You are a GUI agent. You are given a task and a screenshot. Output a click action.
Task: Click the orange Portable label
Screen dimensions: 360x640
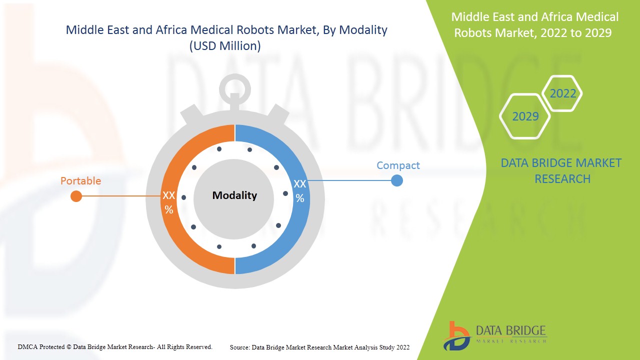[80, 181]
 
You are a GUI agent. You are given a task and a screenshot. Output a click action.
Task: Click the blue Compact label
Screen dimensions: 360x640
[398, 165]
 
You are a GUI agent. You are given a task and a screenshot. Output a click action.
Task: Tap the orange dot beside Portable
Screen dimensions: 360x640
[76, 196]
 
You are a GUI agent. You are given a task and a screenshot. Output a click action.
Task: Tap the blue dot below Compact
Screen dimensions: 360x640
[396, 180]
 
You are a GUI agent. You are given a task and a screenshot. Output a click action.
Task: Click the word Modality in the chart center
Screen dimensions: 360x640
[234, 195]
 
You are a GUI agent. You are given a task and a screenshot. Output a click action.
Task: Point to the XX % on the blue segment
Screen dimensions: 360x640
[299, 191]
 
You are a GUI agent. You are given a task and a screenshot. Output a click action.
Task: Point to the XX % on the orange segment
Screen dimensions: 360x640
[169, 202]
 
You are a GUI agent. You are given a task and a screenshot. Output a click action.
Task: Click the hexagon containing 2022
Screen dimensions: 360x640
[562, 93]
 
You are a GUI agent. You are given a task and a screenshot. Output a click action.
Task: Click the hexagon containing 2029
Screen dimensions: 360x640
[525, 116]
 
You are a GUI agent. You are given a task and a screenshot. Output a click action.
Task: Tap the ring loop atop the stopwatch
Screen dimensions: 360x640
[234, 89]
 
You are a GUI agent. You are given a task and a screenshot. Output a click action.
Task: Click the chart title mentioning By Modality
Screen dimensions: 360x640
[226, 30]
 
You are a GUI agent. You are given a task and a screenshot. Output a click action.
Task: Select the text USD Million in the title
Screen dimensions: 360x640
[225, 46]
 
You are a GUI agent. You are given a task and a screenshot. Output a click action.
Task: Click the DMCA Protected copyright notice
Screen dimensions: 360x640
[115, 346]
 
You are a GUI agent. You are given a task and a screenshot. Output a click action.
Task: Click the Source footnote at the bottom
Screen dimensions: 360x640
[319, 347]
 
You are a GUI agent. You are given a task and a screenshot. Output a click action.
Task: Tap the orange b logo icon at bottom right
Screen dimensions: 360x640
[456, 335]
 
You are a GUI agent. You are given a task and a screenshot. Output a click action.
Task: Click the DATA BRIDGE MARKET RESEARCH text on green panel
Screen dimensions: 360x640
[560, 170]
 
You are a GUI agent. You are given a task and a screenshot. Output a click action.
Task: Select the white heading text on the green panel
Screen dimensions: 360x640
[534, 25]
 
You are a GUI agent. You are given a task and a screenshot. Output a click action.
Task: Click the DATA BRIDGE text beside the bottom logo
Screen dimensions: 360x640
[511, 331]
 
